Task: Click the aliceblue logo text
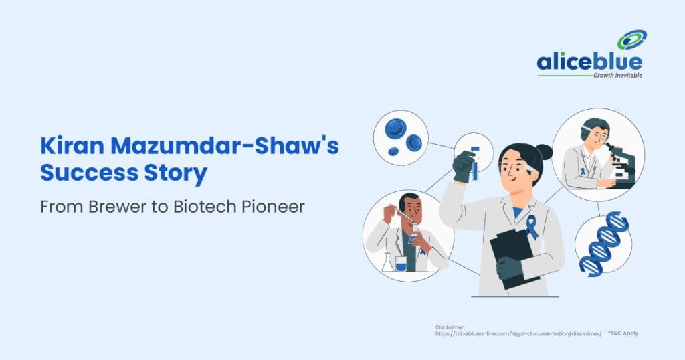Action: [589, 63]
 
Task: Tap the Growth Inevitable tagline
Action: [617, 76]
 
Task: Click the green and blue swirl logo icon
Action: [631, 41]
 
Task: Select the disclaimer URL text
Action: [518, 333]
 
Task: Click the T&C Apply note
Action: [623, 333]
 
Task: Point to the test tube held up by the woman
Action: [475, 163]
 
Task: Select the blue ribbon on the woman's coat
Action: [532, 227]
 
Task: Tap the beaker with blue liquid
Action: [401, 263]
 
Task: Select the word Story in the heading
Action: [173, 173]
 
